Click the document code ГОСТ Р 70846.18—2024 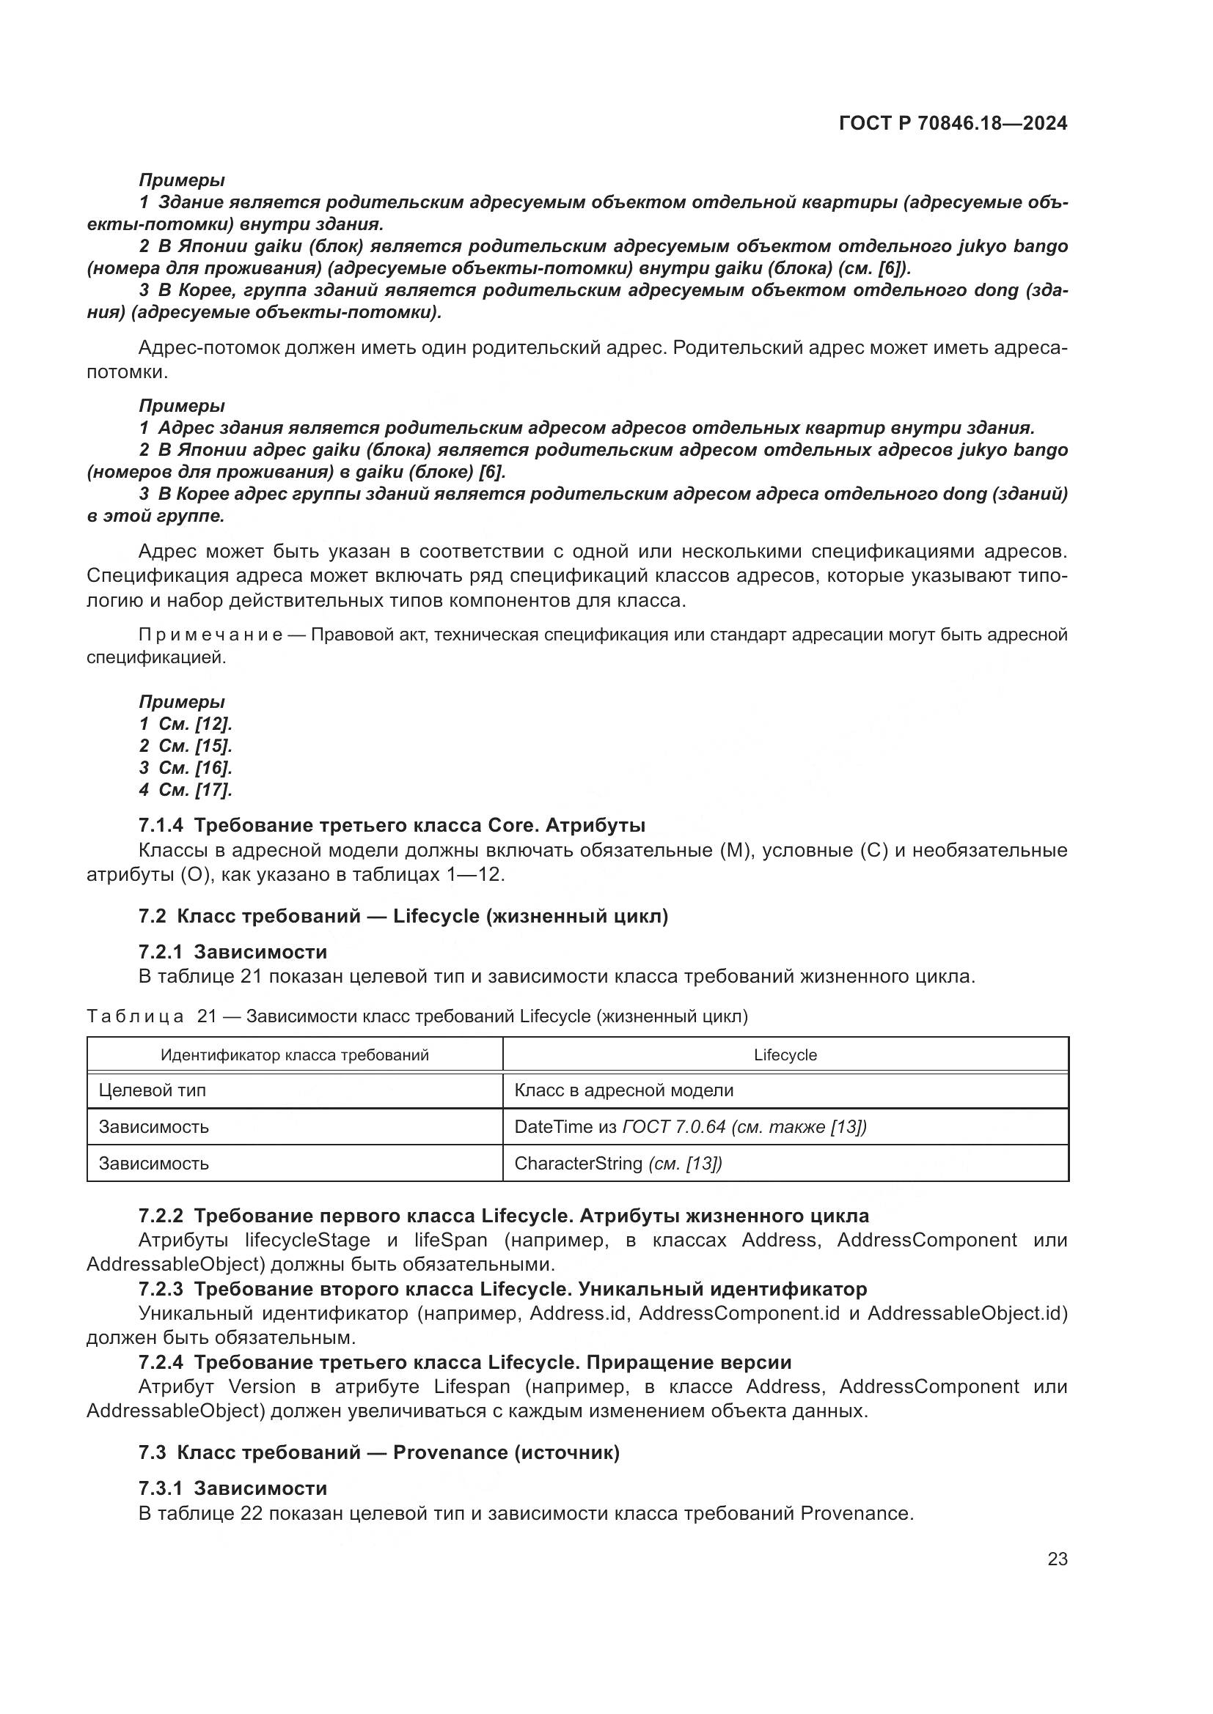[x=953, y=123]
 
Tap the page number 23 [x=1057, y=1559]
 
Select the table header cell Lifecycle [x=785, y=1054]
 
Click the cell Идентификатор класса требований [x=295, y=1054]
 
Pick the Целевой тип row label [x=153, y=1090]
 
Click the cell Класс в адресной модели [x=623, y=1090]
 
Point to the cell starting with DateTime [x=690, y=1126]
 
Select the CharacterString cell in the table [x=618, y=1163]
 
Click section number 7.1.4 [x=160, y=825]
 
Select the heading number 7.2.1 [x=160, y=952]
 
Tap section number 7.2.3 [x=160, y=1288]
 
